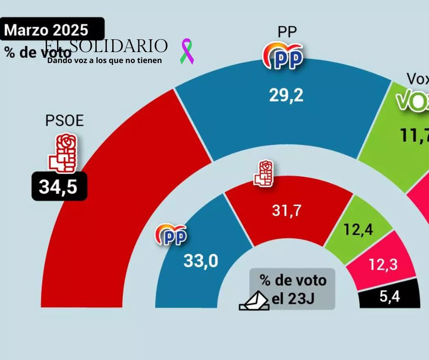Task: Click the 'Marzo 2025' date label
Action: click(46, 30)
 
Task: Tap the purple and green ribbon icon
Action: click(187, 51)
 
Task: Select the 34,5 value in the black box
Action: click(59, 186)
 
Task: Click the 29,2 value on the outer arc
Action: click(286, 95)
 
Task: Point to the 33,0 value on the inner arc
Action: click(201, 261)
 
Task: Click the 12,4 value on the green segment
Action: click(358, 229)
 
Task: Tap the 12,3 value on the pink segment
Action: click(382, 264)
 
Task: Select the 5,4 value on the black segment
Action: click(389, 297)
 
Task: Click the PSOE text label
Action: click(64, 121)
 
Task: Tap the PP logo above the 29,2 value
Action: click(283, 56)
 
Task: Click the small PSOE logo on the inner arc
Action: click(264, 174)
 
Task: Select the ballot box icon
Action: click(254, 301)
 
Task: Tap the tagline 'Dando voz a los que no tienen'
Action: click(105, 60)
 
